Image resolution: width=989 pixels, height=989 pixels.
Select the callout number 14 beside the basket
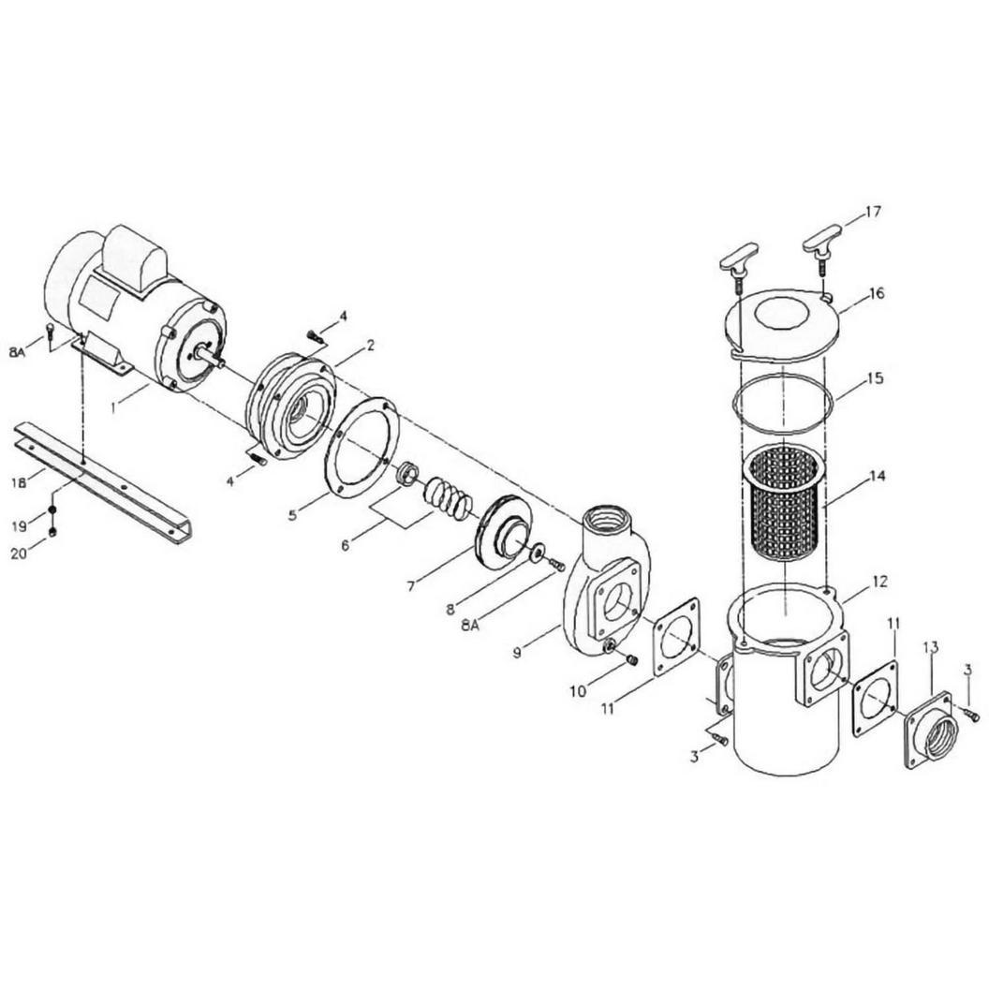pos(876,476)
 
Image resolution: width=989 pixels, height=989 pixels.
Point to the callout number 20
pos(20,554)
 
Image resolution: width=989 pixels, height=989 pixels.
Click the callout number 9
pos(517,653)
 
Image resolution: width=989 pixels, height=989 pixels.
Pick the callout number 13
pos(930,646)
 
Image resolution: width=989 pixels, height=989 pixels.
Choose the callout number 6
pos(345,544)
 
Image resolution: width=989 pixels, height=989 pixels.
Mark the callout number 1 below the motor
pos(113,408)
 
